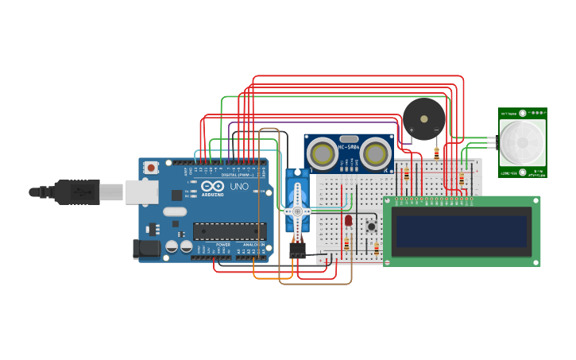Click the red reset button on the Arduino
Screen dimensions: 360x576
click(151, 168)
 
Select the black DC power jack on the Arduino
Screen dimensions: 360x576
click(145, 249)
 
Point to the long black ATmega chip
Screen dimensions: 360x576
click(229, 231)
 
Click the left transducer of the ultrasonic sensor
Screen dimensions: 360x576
click(323, 153)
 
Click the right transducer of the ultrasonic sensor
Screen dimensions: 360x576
click(375, 153)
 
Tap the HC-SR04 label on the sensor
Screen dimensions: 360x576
click(350, 147)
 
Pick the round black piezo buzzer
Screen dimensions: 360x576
click(424, 119)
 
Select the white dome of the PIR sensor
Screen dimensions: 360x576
click(522, 142)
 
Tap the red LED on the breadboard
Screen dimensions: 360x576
click(348, 220)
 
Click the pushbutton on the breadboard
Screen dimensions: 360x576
click(371, 226)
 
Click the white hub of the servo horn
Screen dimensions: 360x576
click(298, 211)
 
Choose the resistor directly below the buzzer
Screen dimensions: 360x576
click(436, 153)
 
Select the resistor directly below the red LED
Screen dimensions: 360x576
click(346, 242)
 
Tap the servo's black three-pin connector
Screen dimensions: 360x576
click(298, 252)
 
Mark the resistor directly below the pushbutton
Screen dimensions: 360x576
click(377, 250)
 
